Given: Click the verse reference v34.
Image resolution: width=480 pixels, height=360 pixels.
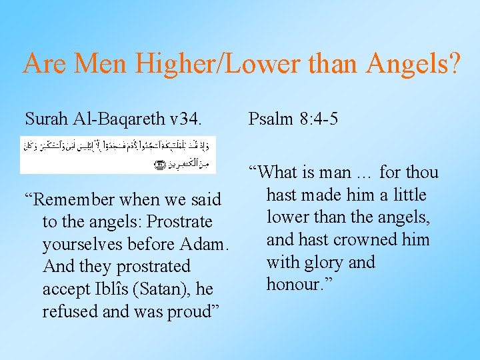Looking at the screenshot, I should [x=185, y=119].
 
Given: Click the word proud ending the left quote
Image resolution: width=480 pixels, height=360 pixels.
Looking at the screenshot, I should [x=194, y=311].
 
